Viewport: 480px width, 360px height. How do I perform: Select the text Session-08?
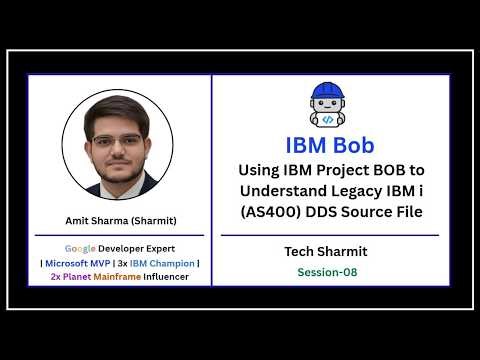click(328, 272)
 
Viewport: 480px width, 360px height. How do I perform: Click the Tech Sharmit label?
click(328, 251)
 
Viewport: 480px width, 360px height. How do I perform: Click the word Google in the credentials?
click(82, 247)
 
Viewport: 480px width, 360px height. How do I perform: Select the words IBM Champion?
click(165, 263)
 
